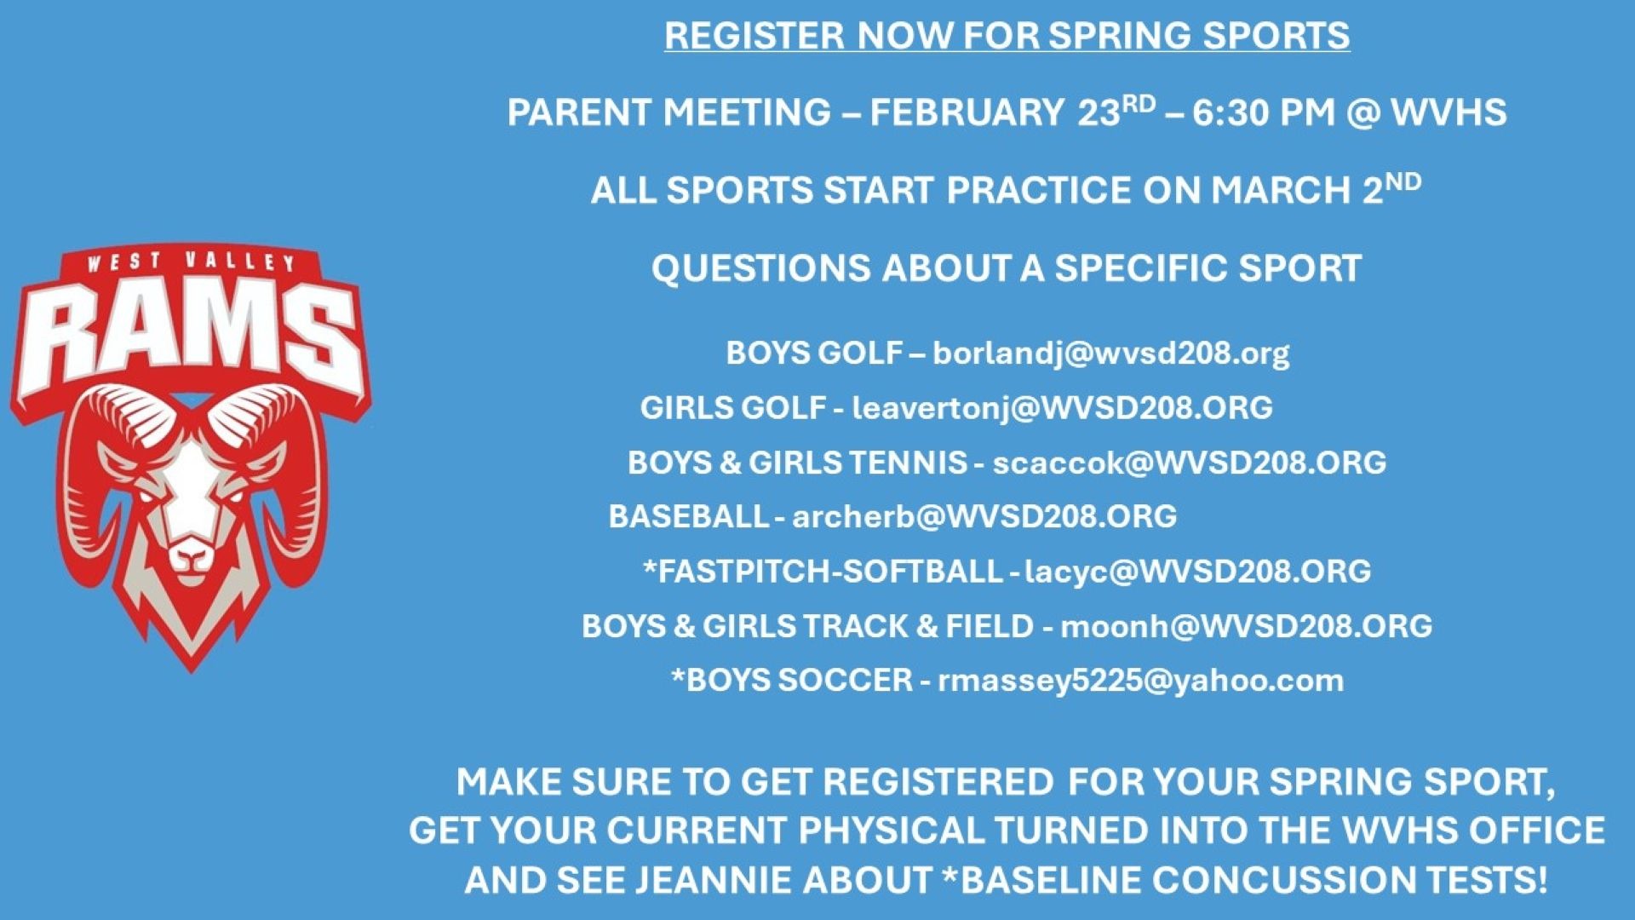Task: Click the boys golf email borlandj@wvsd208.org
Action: coord(1110,353)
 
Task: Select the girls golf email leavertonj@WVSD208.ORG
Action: coord(1062,408)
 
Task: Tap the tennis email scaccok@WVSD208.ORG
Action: coord(1189,463)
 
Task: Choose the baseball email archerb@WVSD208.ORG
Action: coord(984,516)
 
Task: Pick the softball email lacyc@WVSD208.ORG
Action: coord(1197,571)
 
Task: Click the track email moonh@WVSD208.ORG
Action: coord(1246,626)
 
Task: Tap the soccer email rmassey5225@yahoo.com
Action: coord(1140,681)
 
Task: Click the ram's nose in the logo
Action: coord(191,558)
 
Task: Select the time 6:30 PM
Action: coord(1263,113)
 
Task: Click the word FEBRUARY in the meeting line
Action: coord(967,113)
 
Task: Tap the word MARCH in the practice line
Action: coord(1280,191)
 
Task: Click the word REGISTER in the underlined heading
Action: coord(754,36)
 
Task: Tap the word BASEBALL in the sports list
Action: coord(688,516)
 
